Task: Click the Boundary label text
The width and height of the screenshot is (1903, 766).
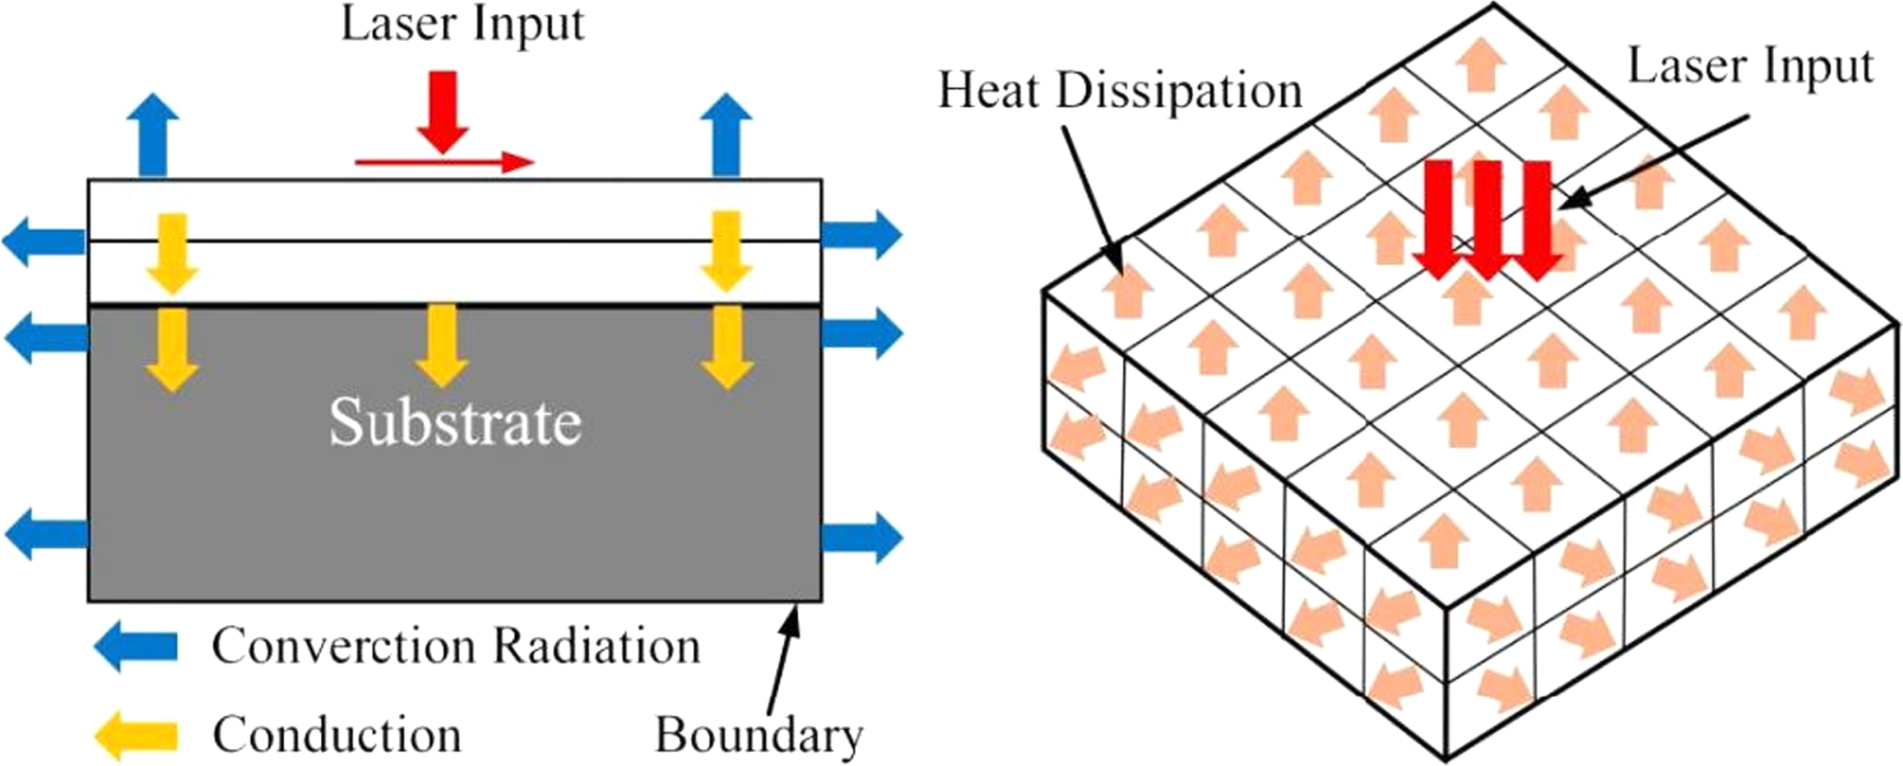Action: point(759,735)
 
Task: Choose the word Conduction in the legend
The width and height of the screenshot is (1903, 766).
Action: point(337,735)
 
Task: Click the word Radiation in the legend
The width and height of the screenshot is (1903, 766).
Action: point(597,646)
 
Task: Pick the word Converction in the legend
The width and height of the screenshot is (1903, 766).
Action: point(343,646)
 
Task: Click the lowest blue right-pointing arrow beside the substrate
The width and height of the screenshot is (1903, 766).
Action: point(861,537)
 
